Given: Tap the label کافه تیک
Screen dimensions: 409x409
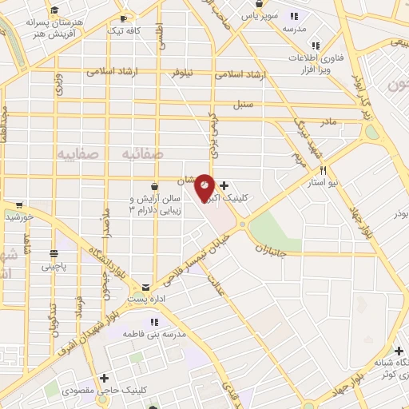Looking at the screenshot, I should coord(148,30).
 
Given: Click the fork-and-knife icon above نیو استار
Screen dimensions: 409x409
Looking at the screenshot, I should coord(324,170).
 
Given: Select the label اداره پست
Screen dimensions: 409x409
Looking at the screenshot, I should coord(145,299).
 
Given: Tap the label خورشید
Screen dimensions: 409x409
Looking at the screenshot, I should coord(17,216).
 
